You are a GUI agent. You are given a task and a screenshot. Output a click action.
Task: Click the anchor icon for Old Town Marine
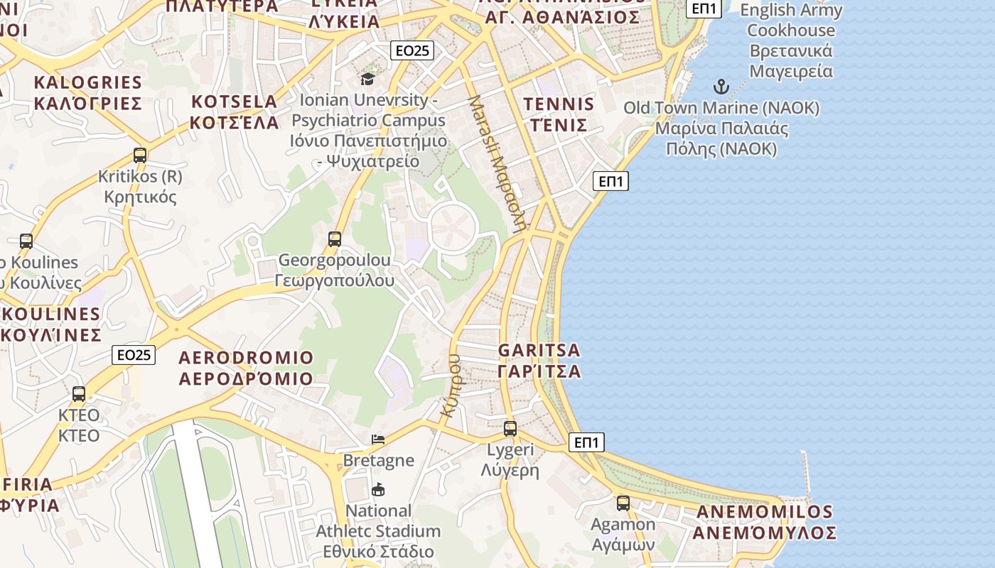(x=721, y=87)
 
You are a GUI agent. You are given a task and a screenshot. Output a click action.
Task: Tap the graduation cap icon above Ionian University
(x=367, y=78)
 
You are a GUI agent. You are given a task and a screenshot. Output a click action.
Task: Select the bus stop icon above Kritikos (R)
(x=140, y=155)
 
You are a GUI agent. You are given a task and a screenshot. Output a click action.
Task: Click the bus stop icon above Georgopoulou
(x=335, y=239)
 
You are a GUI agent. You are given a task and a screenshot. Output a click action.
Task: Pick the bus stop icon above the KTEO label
(x=79, y=393)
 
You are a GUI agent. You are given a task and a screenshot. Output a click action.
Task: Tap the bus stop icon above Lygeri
(x=510, y=428)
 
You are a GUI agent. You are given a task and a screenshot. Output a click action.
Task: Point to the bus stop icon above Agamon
(x=623, y=503)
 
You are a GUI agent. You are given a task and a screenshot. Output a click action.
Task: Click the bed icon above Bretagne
(x=378, y=439)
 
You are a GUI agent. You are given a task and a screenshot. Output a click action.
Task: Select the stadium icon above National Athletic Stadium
(x=378, y=489)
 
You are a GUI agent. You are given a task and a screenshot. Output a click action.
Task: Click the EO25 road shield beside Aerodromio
(x=134, y=355)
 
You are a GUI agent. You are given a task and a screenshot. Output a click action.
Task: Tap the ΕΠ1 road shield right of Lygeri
(x=586, y=442)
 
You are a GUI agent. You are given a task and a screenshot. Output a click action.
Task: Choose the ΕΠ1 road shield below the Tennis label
(x=611, y=181)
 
